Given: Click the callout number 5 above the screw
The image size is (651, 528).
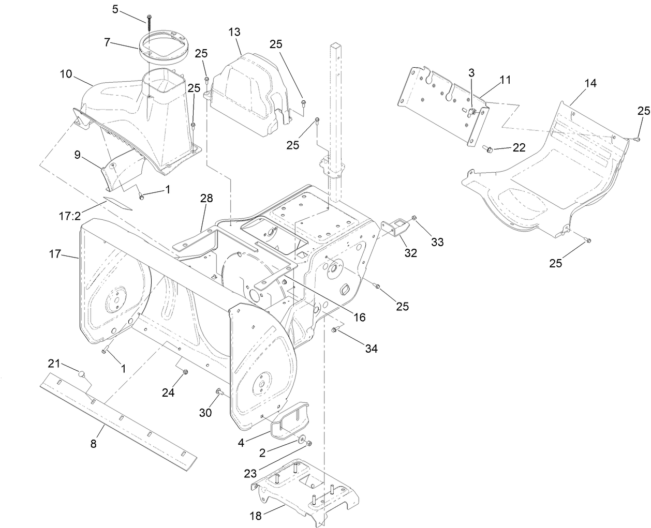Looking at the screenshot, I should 115,9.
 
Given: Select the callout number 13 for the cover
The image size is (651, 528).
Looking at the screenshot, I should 234,32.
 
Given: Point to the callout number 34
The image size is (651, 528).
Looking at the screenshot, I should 371,349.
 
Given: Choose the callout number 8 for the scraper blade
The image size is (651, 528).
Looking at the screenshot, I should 94,443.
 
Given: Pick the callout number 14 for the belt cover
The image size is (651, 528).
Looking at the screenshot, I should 590,84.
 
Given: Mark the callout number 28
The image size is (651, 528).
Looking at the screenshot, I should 207,199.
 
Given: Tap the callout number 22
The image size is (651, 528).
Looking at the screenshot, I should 519,147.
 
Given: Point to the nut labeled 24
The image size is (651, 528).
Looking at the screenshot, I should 186,372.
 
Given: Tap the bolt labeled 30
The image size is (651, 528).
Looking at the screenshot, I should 219,391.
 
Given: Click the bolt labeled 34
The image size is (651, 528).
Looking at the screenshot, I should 335,330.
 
